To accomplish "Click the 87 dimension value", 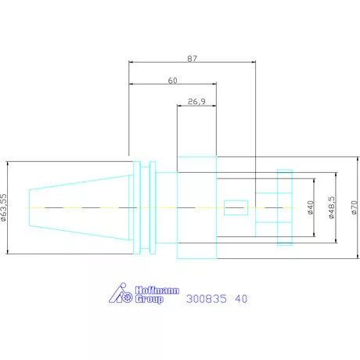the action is click(x=193, y=59).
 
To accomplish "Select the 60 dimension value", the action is click(x=172, y=81).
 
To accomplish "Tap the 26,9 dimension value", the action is click(x=196, y=102).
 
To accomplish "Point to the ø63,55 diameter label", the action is click(x=3, y=207).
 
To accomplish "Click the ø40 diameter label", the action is click(x=311, y=207).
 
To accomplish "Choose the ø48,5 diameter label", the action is click(x=331, y=207).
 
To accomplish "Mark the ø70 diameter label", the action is click(x=354, y=207).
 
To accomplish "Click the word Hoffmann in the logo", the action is click(x=157, y=290).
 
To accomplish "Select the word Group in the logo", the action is click(x=149, y=299).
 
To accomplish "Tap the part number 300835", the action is click(x=207, y=299).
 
